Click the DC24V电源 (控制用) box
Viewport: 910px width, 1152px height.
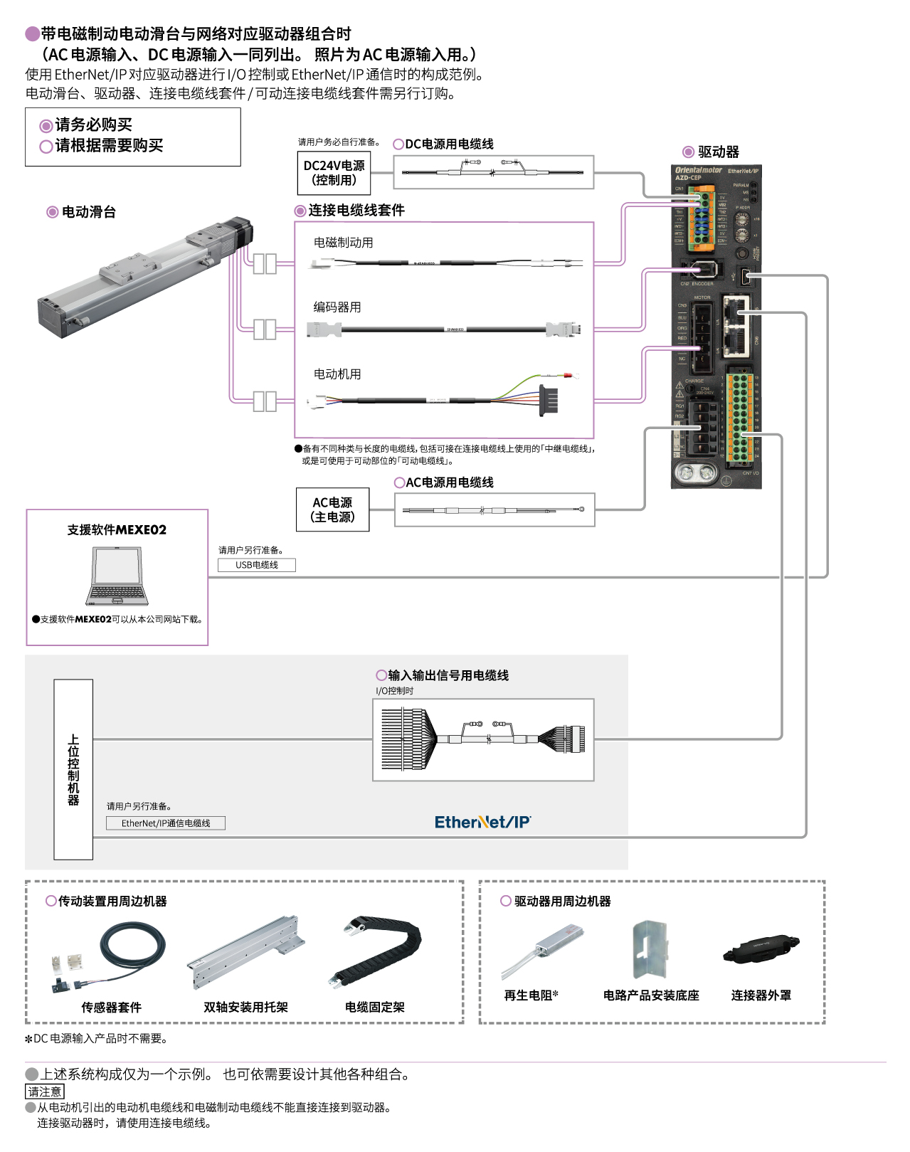click(334, 173)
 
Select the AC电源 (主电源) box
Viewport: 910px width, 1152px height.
click(332, 509)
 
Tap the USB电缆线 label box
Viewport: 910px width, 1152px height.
click(256, 565)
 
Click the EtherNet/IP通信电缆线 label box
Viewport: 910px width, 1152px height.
click(165, 823)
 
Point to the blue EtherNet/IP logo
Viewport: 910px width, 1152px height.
click(482, 823)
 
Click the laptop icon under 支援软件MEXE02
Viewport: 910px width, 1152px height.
click(117, 576)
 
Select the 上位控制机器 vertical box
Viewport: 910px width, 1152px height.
click(73, 769)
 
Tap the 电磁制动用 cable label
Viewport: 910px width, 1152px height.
click(343, 243)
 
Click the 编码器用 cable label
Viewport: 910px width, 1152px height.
click(337, 307)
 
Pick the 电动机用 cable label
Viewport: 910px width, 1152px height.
click(337, 374)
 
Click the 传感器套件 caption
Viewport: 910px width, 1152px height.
click(111, 1008)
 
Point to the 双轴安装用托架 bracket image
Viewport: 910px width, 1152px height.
click(245, 951)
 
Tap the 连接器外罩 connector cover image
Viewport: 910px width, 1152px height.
click(761, 949)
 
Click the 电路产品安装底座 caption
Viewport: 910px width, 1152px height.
click(651, 995)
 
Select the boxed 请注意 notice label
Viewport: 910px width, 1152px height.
click(45, 1092)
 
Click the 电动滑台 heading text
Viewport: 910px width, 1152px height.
click(88, 212)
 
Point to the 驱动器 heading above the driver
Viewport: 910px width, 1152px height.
click(718, 152)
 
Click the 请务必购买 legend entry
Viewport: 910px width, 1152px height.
click(93, 125)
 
